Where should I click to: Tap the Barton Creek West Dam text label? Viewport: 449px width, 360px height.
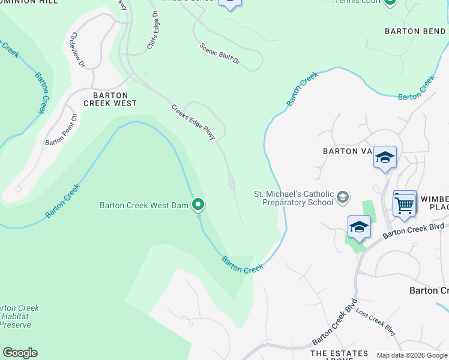(x=144, y=206)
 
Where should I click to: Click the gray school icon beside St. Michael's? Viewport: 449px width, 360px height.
(x=342, y=197)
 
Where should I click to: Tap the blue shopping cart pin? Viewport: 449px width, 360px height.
(x=405, y=205)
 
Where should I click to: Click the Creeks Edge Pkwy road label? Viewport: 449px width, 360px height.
(x=193, y=123)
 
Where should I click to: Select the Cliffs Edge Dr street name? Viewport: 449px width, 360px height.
(x=152, y=31)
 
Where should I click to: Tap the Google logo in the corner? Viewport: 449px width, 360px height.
(x=20, y=353)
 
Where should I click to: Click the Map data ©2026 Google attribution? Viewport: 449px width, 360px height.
(x=412, y=355)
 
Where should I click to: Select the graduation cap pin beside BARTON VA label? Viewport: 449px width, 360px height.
(x=385, y=158)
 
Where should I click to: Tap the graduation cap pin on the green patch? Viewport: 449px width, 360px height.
(x=359, y=227)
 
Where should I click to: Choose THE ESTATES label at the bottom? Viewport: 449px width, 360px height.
(x=339, y=353)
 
